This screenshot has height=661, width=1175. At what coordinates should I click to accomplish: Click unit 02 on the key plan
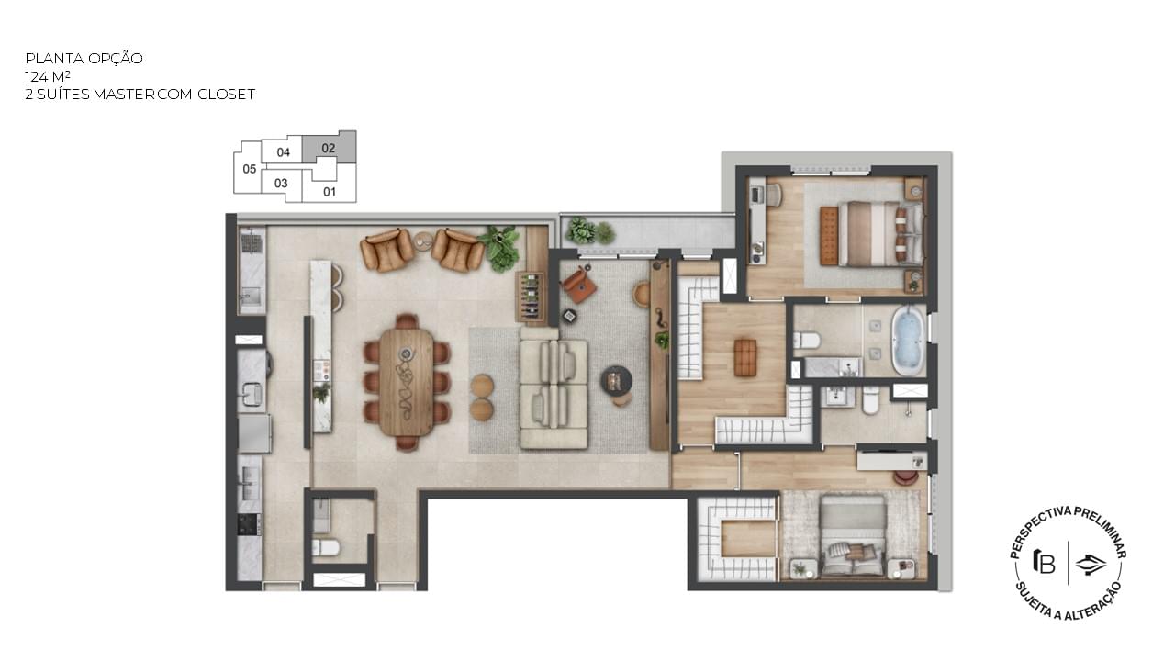coord(329,148)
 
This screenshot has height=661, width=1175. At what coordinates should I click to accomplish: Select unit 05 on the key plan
coord(249,169)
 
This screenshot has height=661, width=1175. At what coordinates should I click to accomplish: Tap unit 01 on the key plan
coord(330,192)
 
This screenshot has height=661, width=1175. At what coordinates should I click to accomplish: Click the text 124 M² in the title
coord(47,76)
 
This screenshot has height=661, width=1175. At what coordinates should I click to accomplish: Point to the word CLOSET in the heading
coord(226,95)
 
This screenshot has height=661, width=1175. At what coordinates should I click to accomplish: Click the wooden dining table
coord(407,382)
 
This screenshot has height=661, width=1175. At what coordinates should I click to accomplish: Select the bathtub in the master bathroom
coord(908,341)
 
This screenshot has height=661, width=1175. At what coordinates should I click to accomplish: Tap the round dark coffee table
coord(616,379)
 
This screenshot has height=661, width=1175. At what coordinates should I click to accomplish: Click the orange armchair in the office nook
coord(579,285)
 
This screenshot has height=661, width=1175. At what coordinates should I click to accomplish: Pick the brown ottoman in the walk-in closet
coord(744,357)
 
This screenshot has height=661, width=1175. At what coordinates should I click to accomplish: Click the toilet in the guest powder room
coord(326,548)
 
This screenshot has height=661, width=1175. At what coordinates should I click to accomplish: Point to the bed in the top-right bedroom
coord(871,233)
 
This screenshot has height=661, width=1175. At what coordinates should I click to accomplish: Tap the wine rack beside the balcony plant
coord(531,297)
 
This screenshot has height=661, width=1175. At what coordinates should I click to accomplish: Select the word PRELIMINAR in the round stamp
coord(1101,531)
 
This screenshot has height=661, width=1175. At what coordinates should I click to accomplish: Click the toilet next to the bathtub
coord(807,340)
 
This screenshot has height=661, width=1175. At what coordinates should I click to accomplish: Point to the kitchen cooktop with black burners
coord(248,524)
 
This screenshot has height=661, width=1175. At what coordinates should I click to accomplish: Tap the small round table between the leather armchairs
coord(422,241)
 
